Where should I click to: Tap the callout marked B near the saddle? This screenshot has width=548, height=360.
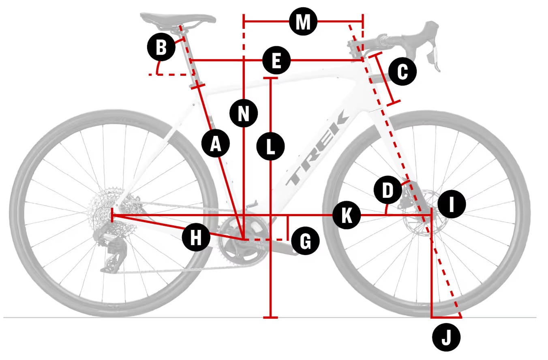pyautogui.click(x=161, y=48)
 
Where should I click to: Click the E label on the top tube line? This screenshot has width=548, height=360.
pyautogui.click(x=276, y=62)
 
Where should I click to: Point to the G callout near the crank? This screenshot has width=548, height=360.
pyautogui.click(x=305, y=242)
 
